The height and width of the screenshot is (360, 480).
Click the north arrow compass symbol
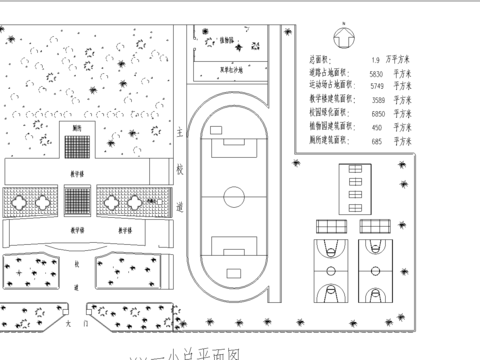tap(343, 38)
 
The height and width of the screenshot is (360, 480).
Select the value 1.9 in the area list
tap(376, 60)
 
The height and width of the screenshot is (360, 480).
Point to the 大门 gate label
tap(69, 324)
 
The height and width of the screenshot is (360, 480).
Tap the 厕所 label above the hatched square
tap(77, 128)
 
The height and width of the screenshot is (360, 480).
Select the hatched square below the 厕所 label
tap(78, 147)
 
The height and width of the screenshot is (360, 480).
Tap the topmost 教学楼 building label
tap(77, 172)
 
